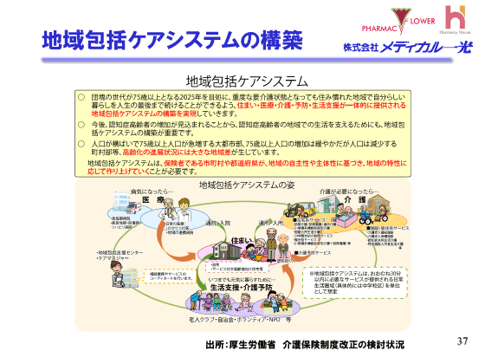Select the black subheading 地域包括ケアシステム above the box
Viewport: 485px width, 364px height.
[x=242, y=81]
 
